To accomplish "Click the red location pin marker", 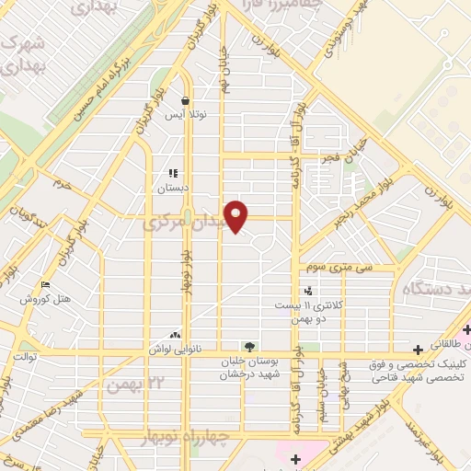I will pos(236,214).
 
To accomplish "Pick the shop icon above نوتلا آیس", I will pos(186,101).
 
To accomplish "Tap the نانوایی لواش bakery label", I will pos(175,350).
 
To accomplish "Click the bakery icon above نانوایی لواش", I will pos(175,336).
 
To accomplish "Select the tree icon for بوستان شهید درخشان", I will pos(249,347).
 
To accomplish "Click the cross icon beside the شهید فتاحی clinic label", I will pos(419,350).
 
